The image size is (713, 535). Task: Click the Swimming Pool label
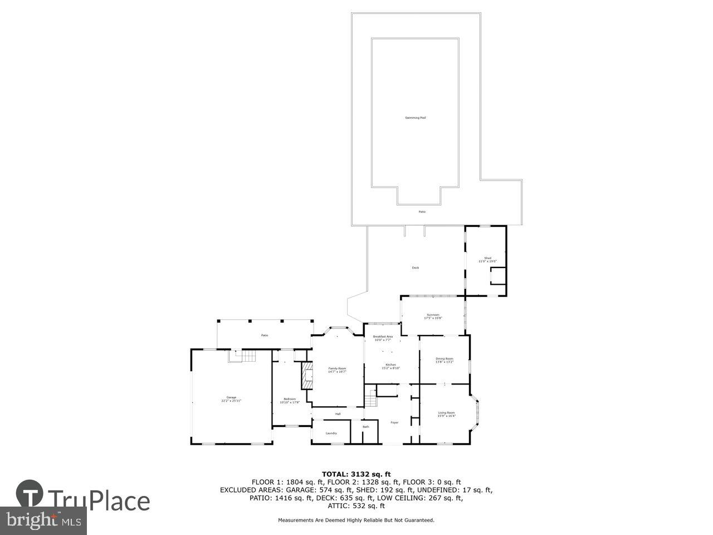click(416, 118)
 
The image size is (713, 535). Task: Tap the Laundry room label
click(331, 433)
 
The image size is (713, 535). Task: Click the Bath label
click(366, 427)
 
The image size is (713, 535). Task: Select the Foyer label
click(394, 422)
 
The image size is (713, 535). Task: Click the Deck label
click(415, 267)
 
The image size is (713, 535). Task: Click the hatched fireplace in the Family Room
click(306, 376)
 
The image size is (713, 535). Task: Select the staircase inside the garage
click(242, 356)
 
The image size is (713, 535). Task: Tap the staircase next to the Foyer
click(371, 398)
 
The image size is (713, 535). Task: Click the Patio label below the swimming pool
click(422, 212)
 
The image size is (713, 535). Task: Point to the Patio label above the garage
click(265, 335)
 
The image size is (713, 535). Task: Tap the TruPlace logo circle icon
click(30, 494)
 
